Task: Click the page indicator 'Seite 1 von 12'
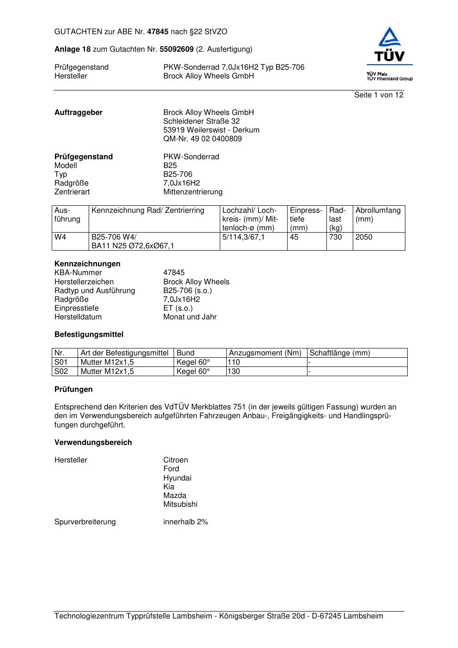pyautogui.click(x=379, y=95)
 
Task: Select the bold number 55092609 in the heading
pyautogui.click(x=176, y=49)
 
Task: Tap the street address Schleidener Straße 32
pyautogui.click(x=201, y=121)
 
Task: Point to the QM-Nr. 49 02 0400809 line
pyautogui.click(x=202, y=139)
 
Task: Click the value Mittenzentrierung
pyautogui.click(x=193, y=192)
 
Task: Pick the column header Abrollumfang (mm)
pyautogui.click(x=378, y=215)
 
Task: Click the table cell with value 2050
pyautogui.click(x=364, y=237)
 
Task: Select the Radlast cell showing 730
pyautogui.click(x=336, y=237)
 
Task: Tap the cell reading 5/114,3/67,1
pyautogui.click(x=243, y=237)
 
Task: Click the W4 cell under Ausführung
pyautogui.click(x=60, y=237)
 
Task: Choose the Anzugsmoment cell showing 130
pyautogui.click(x=234, y=372)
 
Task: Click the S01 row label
pyautogui.click(x=61, y=362)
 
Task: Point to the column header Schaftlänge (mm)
pyautogui.click(x=340, y=353)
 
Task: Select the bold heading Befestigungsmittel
pyautogui.click(x=89, y=335)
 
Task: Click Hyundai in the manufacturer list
pyautogui.click(x=177, y=478)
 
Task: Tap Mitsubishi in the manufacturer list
pyautogui.click(x=180, y=504)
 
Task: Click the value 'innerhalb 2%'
pyautogui.click(x=186, y=522)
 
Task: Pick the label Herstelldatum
pyautogui.click(x=78, y=317)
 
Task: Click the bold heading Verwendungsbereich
pyautogui.click(x=93, y=443)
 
